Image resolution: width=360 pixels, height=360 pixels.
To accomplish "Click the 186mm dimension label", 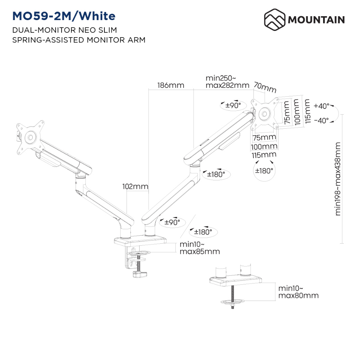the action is click(x=171, y=85).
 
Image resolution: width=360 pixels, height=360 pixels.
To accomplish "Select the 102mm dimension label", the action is click(x=135, y=186).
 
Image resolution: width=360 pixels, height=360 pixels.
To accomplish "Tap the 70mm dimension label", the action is click(x=265, y=87).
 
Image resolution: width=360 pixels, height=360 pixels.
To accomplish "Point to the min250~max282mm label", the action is click(x=227, y=82).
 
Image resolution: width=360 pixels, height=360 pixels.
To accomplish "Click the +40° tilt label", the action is click(x=321, y=106).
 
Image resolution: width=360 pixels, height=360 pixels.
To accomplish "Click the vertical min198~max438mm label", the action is click(x=337, y=179).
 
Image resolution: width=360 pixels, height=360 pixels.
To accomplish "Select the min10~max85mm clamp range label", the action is click(x=200, y=248).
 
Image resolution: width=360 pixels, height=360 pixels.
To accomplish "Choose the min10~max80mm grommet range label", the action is click(x=298, y=292).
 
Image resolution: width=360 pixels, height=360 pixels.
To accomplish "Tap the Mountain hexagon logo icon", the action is click(x=275, y=20).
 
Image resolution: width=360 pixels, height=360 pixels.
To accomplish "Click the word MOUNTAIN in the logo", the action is click(x=316, y=20).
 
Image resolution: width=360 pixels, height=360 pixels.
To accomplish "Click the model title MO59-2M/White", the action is click(x=64, y=16).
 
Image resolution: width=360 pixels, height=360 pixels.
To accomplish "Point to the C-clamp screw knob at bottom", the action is click(x=140, y=274).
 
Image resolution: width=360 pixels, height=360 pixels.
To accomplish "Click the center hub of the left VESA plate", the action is click(x=30, y=137).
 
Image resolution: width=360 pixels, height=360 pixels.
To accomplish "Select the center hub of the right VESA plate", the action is click(x=264, y=114).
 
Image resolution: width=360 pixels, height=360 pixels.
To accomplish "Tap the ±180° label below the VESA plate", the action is click(x=264, y=171).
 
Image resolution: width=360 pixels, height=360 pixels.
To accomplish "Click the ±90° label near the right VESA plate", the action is click(x=233, y=105).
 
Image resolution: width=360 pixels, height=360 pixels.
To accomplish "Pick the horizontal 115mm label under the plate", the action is click(x=264, y=155).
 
